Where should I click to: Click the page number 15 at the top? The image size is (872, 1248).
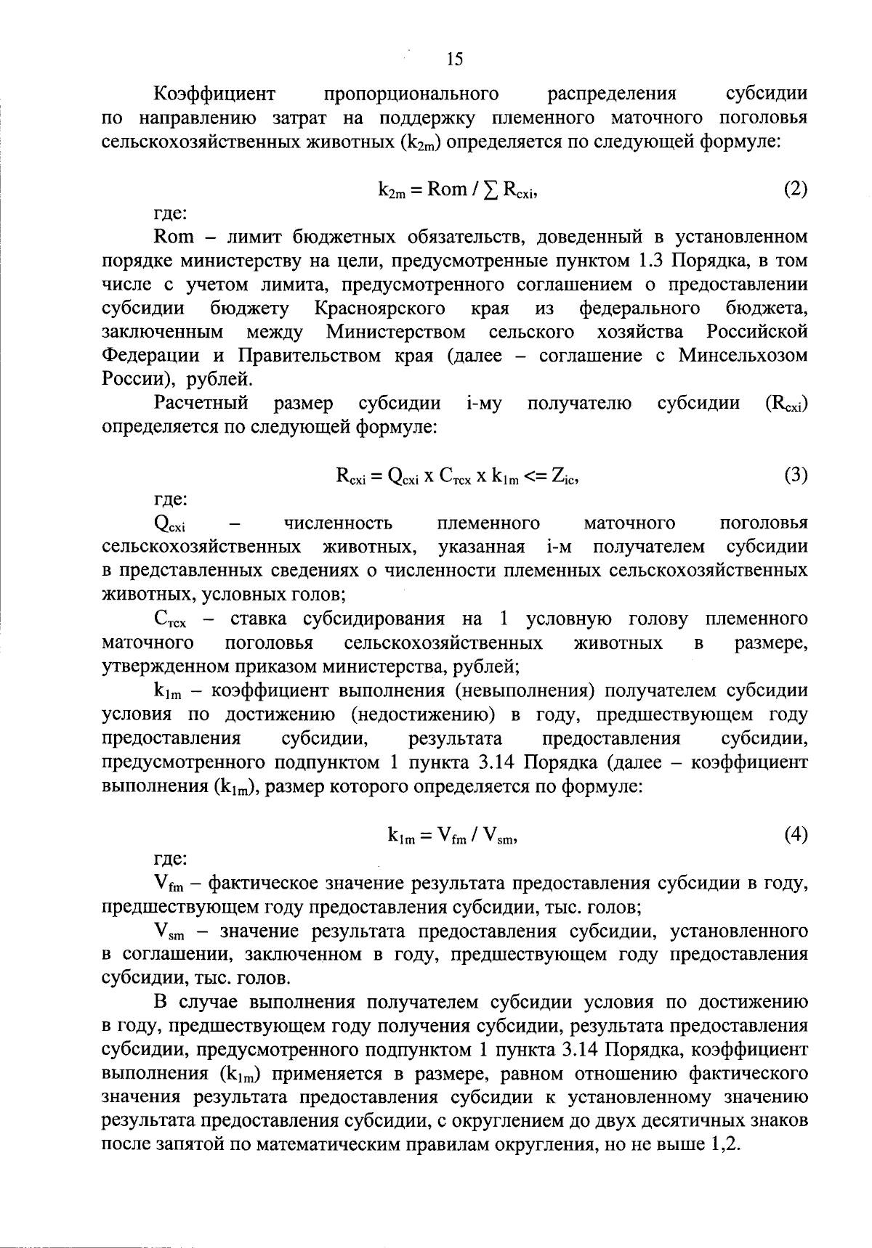pos(454,60)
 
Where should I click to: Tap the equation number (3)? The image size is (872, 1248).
pos(795,476)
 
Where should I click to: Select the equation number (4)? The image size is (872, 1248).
pos(795,835)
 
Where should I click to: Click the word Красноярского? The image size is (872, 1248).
pos(380,309)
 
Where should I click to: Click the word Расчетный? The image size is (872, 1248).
pos(201,403)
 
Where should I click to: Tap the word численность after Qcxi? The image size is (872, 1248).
pos(338,523)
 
